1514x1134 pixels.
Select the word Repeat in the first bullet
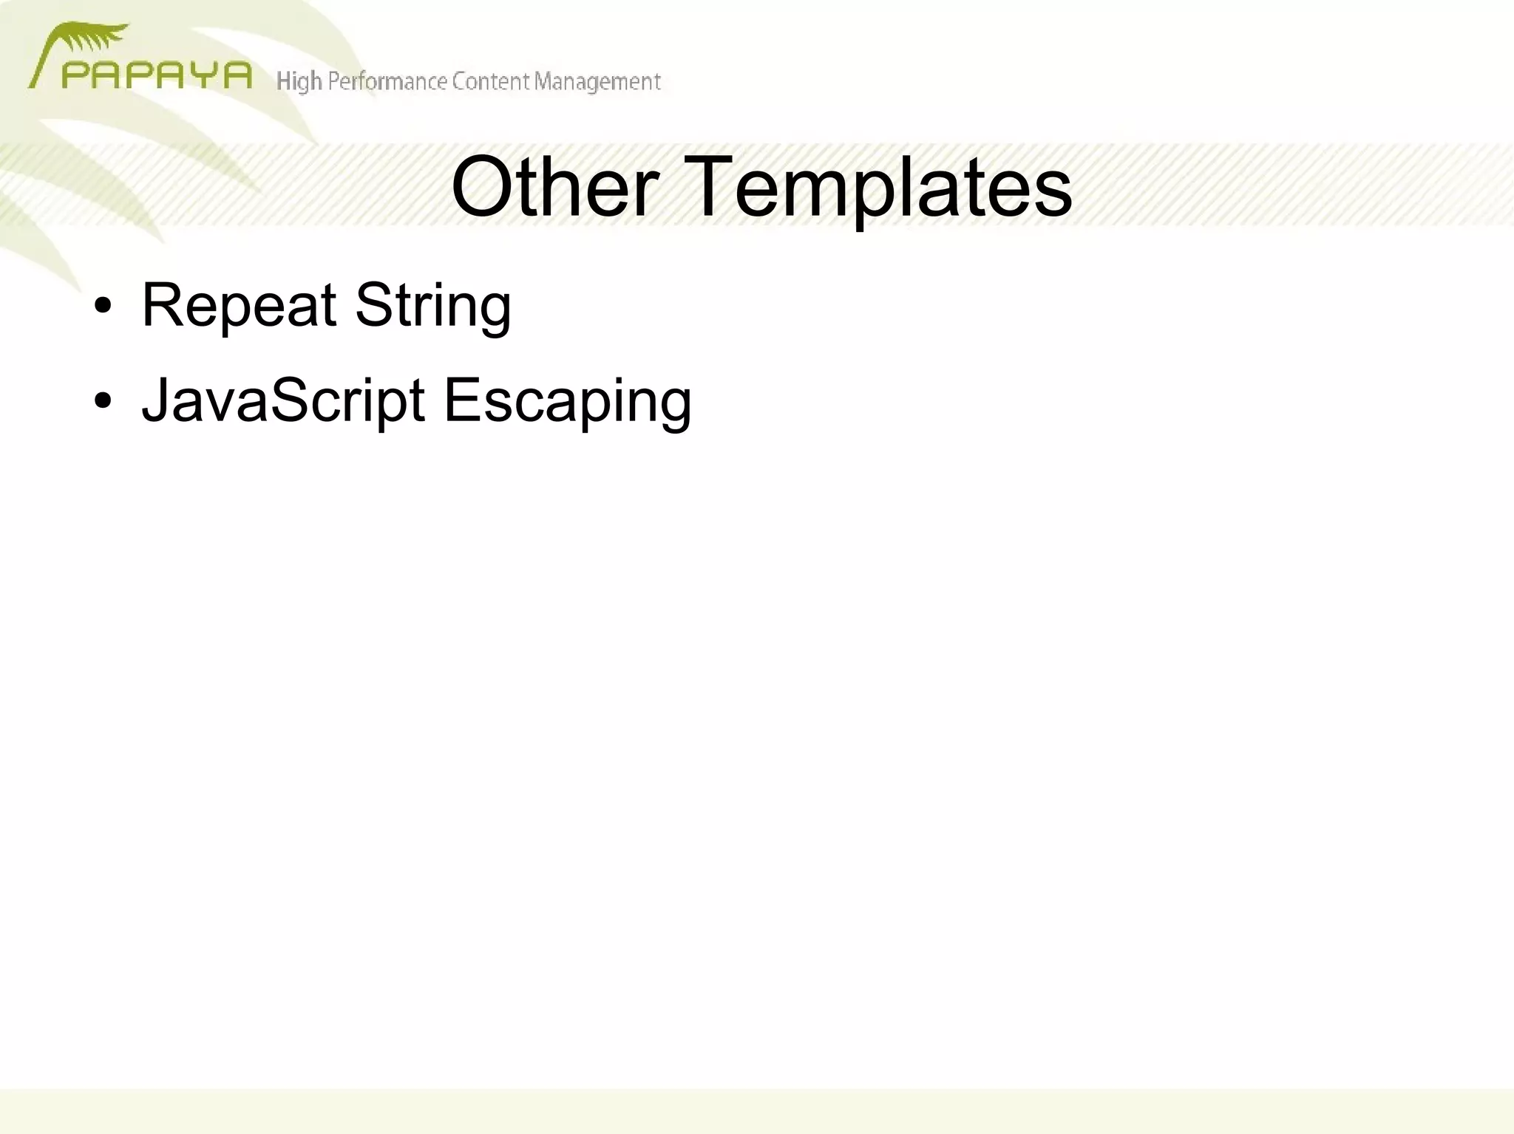click(239, 305)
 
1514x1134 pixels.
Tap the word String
click(432, 305)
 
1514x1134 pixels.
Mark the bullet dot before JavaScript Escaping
click(103, 401)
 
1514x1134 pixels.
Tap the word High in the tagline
click(299, 81)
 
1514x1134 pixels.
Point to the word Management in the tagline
click(597, 81)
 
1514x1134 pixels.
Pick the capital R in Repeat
click(163, 305)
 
